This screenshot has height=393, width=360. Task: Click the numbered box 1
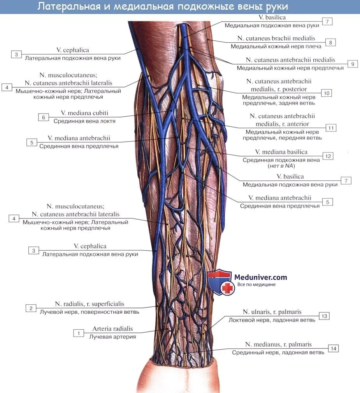pos(79,333)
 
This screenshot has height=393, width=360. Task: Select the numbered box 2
pos(31,308)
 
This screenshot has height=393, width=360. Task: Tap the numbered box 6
pos(44,117)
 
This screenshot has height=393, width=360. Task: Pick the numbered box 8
pos(330,43)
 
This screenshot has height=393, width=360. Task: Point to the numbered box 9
pos(353,64)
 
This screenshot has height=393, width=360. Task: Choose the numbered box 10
pos(327,93)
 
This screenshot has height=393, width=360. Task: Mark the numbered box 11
pos(331,128)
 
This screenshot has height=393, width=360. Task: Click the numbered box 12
pos(328,156)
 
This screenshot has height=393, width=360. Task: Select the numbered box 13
pos(324,316)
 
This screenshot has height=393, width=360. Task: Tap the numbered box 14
pos(334,349)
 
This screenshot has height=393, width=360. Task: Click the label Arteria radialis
pos(112,328)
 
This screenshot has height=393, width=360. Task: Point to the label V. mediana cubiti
pos(84,113)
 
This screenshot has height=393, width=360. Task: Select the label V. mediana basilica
pos(281,152)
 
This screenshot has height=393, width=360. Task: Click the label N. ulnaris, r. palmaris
pos(272,312)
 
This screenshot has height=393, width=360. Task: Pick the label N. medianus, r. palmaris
pos(279,345)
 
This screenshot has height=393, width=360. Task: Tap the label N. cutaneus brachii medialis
pos(276,38)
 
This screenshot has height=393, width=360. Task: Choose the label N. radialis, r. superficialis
pos(90,304)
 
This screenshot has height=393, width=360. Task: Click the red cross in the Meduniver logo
pos(228,288)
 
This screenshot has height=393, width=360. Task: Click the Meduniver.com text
pos(261,278)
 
